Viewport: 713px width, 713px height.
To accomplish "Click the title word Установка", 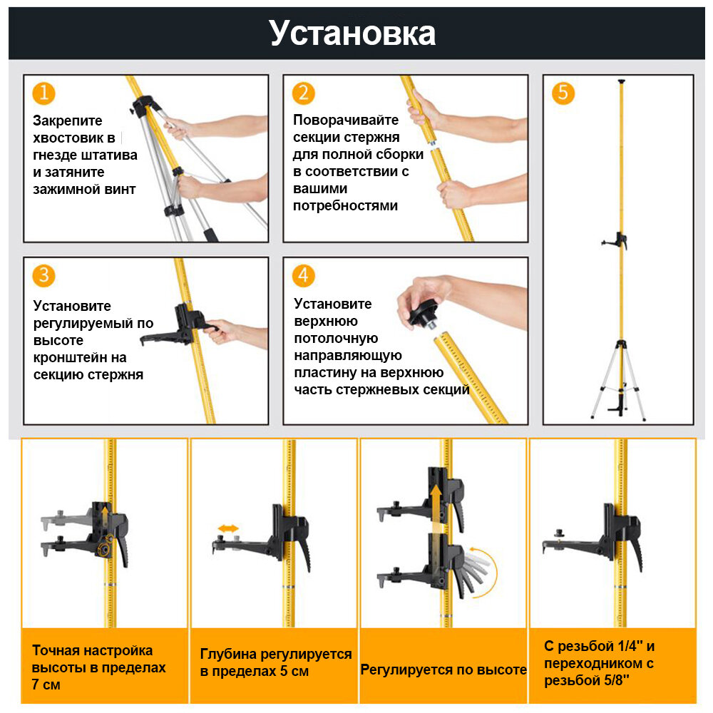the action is coord(352,33).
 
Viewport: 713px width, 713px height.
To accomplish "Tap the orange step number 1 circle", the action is coord(44,93).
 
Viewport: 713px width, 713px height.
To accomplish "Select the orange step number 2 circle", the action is coord(304,93).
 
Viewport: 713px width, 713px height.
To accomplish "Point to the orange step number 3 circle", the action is coord(44,275).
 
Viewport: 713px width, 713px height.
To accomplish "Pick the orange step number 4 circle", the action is coord(304,275).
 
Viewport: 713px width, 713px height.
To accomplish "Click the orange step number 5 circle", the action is coord(563,93).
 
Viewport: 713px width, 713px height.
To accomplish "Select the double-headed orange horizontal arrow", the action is coord(228,528).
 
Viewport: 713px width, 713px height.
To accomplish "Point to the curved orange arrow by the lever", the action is coord(485,570).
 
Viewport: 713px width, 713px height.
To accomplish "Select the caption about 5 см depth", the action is coord(275,663).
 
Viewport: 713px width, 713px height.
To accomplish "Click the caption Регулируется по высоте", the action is coord(443,670).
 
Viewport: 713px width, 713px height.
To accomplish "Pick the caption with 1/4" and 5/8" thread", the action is coord(599,663).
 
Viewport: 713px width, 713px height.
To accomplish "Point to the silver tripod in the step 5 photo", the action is coord(618,381).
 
